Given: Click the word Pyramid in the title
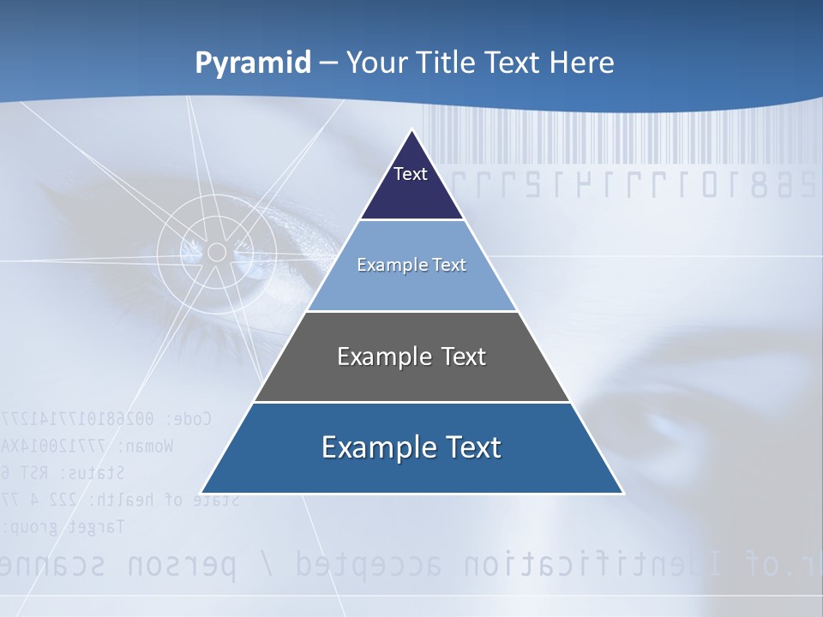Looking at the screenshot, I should click(x=252, y=63).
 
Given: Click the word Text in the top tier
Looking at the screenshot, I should click(x=411, y=174).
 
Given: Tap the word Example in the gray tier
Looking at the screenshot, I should click(x=374, y=356).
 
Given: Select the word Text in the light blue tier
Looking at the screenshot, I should click(x=450, y=265).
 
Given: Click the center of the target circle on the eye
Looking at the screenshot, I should click(x=217, y=252).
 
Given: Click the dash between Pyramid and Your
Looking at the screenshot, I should click(x=328, y=63).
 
